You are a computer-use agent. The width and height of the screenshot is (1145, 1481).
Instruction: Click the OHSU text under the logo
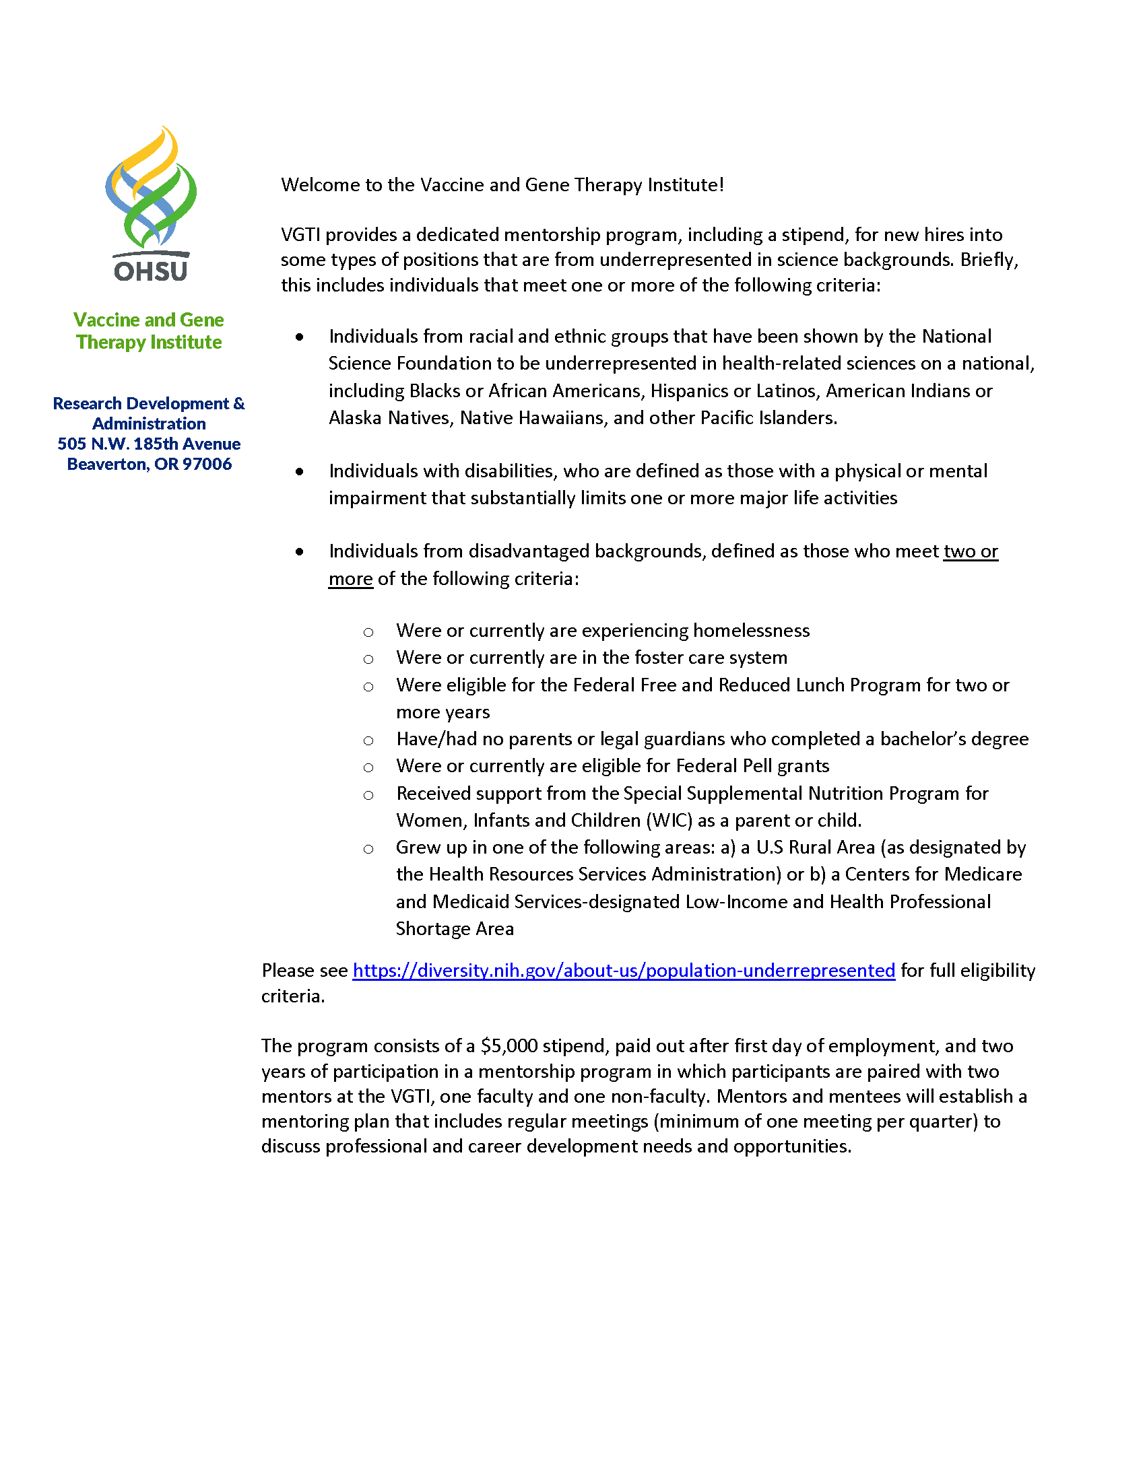(x=151, y=271)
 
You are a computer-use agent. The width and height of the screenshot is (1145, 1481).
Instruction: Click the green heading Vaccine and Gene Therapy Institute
(x=149, y=331)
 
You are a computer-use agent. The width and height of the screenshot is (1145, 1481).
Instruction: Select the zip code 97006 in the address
(x=207, y=464)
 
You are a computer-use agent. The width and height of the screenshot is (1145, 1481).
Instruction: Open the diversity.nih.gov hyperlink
(x=624, y=970)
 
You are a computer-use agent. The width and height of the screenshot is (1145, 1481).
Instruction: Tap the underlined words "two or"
(x=970, y=551)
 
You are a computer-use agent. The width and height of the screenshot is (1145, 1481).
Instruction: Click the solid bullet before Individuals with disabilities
(x=300, y=471)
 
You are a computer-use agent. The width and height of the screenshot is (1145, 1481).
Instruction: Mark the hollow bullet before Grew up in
(x=368, y=849)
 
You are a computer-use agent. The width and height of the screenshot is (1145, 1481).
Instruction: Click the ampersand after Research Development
(x=239, y=403)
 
